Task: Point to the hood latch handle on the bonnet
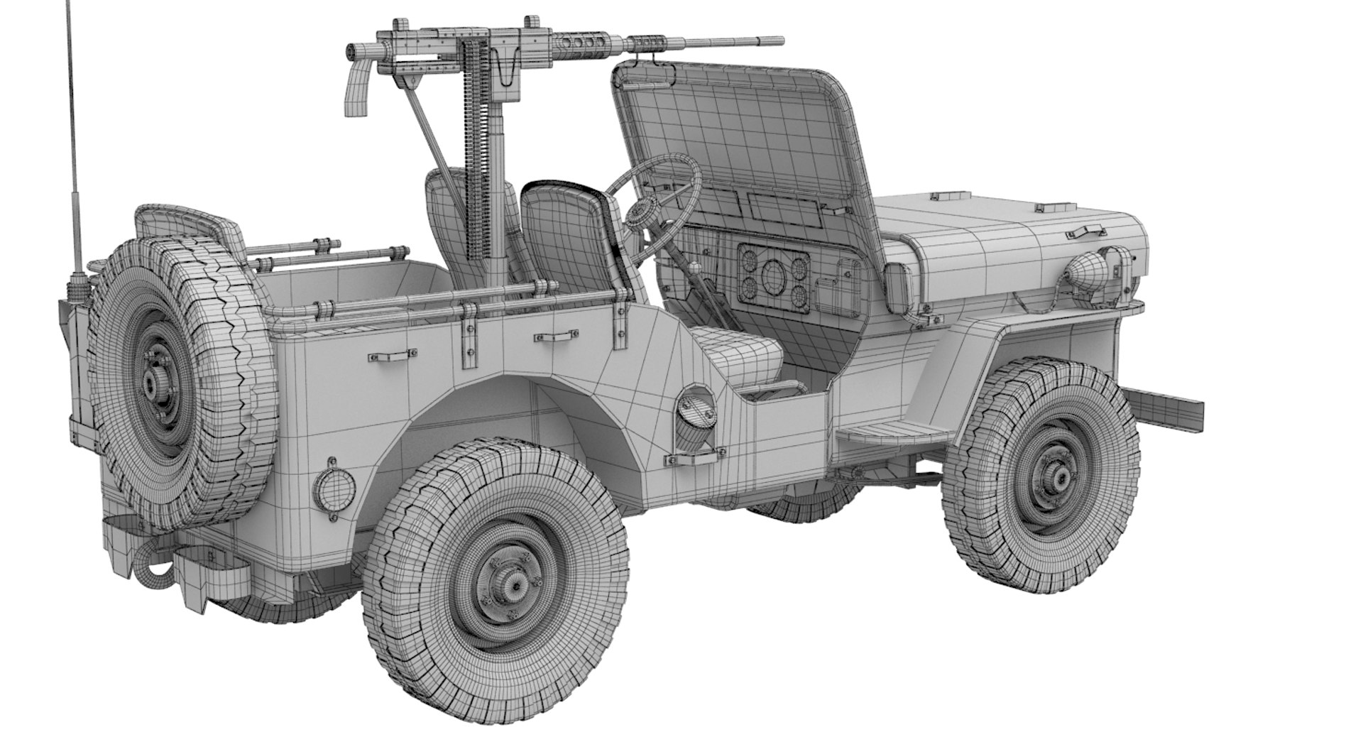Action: click(x=1088, y=231)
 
